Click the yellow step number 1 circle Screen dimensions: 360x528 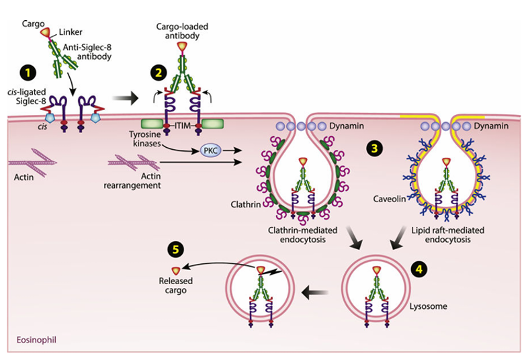29,70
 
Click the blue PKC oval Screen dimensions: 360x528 207,152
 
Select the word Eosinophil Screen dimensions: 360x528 36,340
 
